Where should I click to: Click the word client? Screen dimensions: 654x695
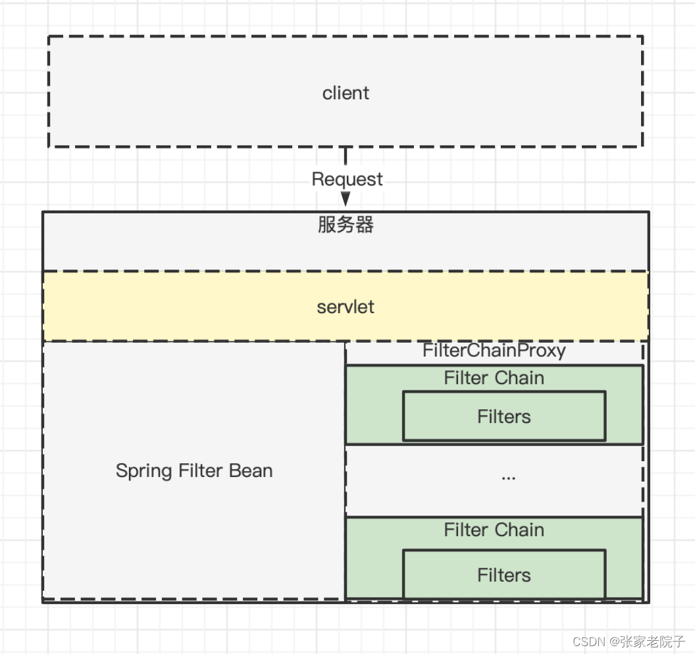pyautogui.click(x=346, y=93)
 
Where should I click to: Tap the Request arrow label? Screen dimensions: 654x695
pyautogui.click(x=347, y=179)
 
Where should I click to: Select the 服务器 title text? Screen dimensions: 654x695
pyautogui.click(x=346, y=225)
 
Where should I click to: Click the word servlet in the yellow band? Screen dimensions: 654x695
pyautogui.click(x=346, y=307)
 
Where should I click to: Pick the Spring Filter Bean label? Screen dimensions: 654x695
pyautogui.click(x=194, y=471)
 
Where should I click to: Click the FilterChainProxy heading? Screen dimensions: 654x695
pyautogui.click(x=494, y=351)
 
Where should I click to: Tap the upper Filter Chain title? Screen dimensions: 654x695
pyautogui.click(x=494, y=378)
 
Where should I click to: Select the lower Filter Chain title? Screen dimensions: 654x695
pyautogui.click(x=494, y=530)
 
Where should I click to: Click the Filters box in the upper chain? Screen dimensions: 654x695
pyautogui.click(x=504, y=416)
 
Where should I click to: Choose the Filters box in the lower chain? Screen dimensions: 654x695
pyautogui.click(x=504, y=575)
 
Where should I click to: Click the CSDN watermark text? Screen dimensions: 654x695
pyautogui.click(x=589, y=641)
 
